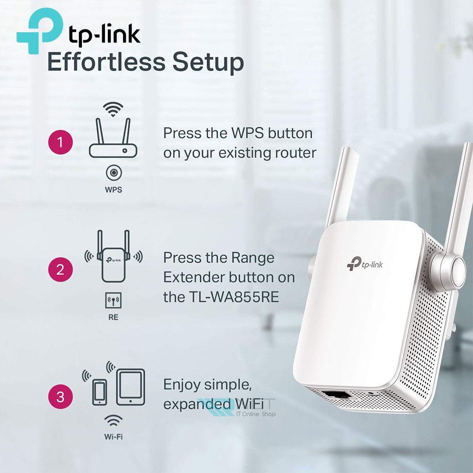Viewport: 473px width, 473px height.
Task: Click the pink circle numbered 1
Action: point(61,142)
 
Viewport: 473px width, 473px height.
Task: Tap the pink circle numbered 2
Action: point(61,270)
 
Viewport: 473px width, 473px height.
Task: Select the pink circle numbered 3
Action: point(61,397)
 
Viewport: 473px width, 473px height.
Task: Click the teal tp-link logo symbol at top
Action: point(39,31)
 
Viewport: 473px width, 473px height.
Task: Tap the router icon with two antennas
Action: point(113,138)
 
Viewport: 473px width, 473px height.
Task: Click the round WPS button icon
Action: point(114,173)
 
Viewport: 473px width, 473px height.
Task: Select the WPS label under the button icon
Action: point(114,190)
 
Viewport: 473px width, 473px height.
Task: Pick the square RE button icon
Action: point(114,300)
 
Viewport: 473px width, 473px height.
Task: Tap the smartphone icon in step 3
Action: point(99,392)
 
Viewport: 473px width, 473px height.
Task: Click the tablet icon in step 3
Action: point(131,387)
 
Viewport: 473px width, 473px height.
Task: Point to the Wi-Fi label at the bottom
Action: point(114,437)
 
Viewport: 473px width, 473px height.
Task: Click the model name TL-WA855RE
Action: point(234,297)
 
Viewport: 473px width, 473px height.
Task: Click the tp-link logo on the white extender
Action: point(365,264)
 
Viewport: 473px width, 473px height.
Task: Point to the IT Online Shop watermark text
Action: point(256,414)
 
